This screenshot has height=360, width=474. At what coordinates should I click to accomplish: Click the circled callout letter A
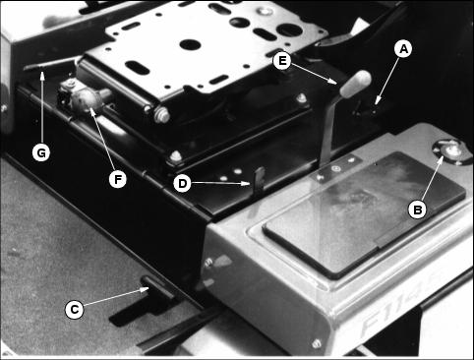(x=403, y=49)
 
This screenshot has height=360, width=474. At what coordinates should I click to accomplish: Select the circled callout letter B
(x=417, y=210)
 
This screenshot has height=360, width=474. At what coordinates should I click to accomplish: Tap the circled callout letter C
(x=75, y=310)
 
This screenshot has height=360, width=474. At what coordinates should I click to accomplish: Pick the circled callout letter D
(x=182, y=183)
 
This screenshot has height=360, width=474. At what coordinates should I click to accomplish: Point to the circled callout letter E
(x=282, y=61)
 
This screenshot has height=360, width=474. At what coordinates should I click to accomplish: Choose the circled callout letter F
(x=117, y=179)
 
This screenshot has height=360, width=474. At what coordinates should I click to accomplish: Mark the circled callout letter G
(x=41, y=152)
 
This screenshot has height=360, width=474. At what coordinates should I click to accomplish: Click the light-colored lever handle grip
(x=356, y=84)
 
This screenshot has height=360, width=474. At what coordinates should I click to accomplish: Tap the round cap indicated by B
(x=449, y=150)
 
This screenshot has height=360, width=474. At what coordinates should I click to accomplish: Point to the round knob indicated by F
(x=86, y=100)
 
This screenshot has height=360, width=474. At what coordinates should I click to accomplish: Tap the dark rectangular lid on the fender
(x=364, y=214)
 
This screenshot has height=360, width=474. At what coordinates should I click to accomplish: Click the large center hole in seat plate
(x=189, y=44)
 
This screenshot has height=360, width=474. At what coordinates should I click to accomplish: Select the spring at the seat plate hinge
(x=161, y=115)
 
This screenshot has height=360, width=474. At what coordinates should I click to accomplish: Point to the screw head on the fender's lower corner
(x=316, y=343)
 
